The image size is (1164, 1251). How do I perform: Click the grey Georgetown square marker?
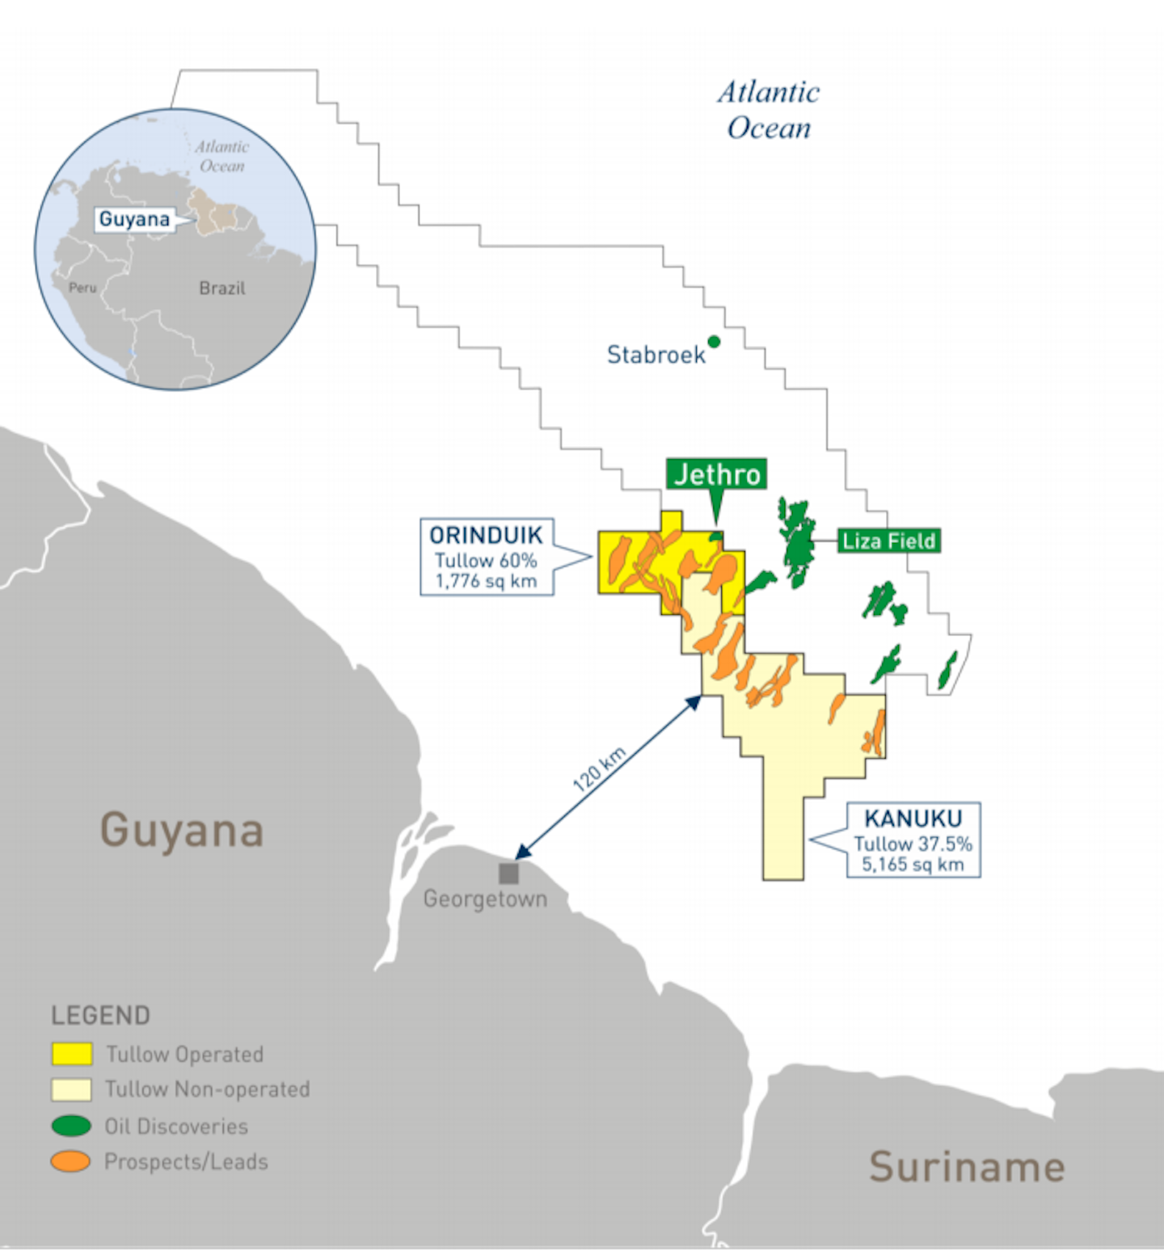(508, 873)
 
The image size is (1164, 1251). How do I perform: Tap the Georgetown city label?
(485, 899)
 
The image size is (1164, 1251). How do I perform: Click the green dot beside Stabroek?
(714, 342)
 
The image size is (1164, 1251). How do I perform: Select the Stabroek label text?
(656, 355)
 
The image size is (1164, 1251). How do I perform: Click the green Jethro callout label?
(717, 474)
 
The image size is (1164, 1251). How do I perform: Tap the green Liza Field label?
(888, 541)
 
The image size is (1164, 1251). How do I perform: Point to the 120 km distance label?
(599, 769)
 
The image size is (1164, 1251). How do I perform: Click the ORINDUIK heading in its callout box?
(486, 535)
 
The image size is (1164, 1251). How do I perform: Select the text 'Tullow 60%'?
(486, 560)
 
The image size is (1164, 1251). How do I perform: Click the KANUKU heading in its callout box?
(913, 819)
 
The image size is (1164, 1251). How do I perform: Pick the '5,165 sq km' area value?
(913, 864)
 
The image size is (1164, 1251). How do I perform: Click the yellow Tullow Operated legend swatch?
(72, 1054)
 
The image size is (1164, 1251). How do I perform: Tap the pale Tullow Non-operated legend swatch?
(72, 1089)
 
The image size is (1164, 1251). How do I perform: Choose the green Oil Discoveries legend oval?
(71, 1126)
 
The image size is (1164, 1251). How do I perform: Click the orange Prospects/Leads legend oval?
(71, 1161)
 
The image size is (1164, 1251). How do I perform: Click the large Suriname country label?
(967, 1167)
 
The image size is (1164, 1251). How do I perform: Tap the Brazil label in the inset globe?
(222, 289)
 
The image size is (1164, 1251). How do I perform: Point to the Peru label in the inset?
(82, 288)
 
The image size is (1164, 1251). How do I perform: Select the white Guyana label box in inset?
(135, 219)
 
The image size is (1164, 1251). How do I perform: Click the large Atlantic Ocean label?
(769, 110)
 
